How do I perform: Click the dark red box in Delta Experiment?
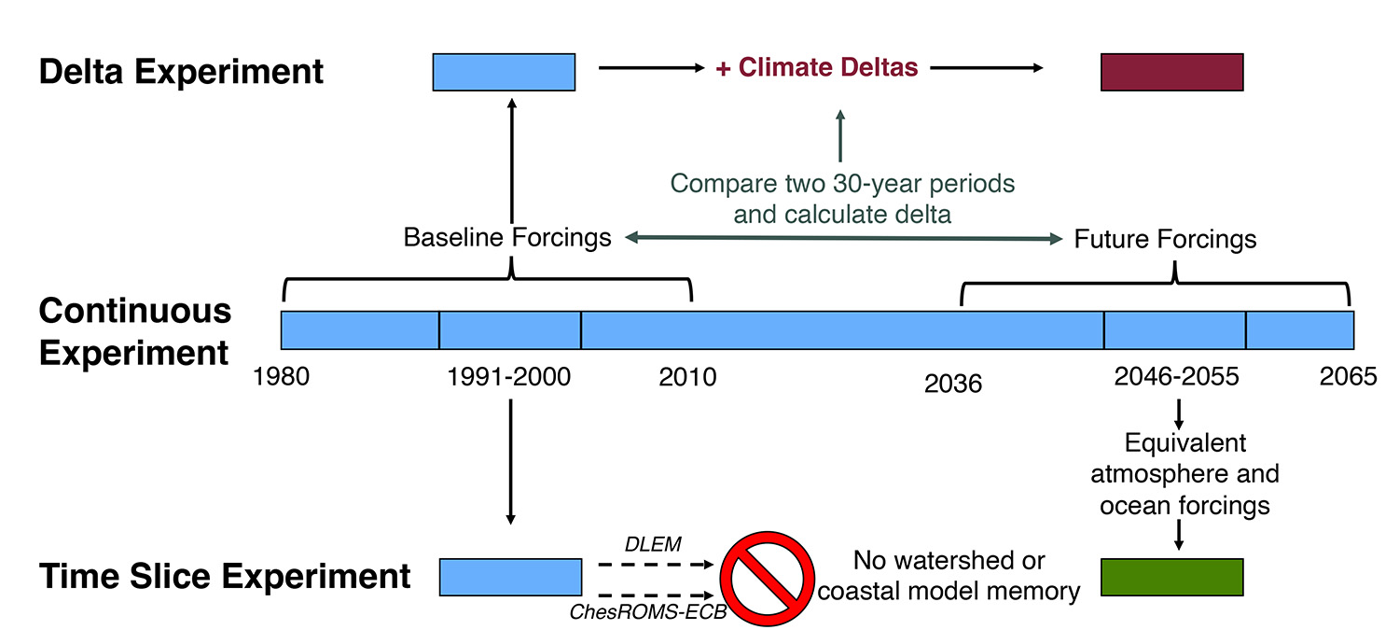pos(1171,72)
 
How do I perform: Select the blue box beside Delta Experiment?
pos(504,72)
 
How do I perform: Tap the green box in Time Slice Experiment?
pos(1171,577)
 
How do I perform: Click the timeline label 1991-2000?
pos(509,377)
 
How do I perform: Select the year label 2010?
pos(688,377)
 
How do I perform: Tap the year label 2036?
pos(953,383)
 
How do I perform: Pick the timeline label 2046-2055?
pos(1176,377)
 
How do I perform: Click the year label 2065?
pos(1348,377)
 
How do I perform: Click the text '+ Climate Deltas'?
pos(816,68)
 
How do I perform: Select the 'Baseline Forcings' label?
pos(507,238)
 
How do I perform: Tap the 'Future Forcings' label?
pos(1165,239)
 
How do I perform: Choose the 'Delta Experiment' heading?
pos(182,72)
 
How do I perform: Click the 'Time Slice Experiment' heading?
pos(225,576)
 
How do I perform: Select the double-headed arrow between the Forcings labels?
pos(843,239)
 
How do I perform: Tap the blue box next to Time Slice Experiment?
pos(510,577)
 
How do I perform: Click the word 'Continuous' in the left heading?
pos(135,311)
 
